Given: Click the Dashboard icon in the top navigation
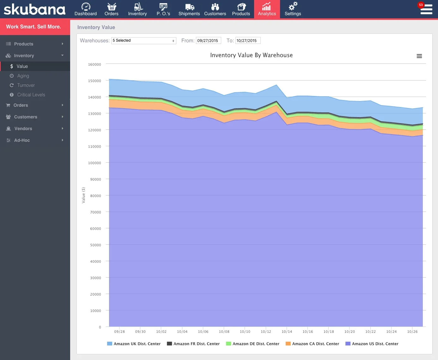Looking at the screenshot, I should click(x=86, y=7).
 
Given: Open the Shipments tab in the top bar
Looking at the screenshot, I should click(x=189, y=9).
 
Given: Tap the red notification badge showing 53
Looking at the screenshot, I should click(x=421, y=5).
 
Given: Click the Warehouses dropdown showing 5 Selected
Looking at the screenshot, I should click(x=143, y=41).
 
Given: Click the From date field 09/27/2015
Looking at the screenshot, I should click(x=208, y=41).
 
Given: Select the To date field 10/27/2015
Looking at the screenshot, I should click(x=248, y=41).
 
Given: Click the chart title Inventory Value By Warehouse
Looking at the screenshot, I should click(x=251, y=55).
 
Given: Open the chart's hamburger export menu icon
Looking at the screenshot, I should click(x=419, y=56).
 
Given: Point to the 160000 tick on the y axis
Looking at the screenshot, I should click(x=94, y=64).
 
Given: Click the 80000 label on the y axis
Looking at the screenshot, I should click(x=95, y=196).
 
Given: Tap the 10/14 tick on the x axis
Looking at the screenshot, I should click(x=287, y=332).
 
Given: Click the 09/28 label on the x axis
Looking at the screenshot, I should click(x=119, y=332).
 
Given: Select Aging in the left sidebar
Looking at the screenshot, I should click(x=23, y=76).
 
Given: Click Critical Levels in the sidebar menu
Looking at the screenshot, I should click(x=31, y=95).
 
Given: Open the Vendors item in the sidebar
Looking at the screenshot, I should click(x=23, y=129).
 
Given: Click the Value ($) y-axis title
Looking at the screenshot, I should click(x=83, y=195).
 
